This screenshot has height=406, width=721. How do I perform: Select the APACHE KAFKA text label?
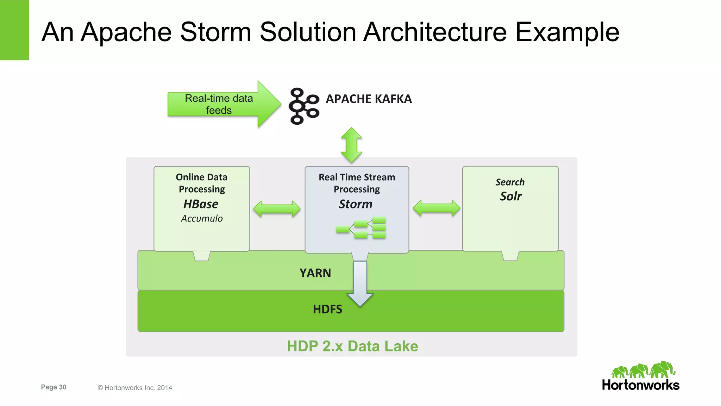click(369, 99)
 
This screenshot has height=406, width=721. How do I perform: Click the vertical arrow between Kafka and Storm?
click(351, 145)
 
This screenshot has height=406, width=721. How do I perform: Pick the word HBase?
click(201, 204)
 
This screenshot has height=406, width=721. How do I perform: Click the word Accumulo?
click(202, 219)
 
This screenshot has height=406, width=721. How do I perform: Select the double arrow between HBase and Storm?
click(277, 209)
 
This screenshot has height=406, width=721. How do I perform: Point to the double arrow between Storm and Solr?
click(436, 208)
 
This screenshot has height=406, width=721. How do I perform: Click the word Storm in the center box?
click(355, 204)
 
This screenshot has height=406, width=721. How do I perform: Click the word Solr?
click(510, 196)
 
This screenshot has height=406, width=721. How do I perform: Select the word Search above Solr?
click(510, 182)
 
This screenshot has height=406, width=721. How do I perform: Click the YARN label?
click(315, 273)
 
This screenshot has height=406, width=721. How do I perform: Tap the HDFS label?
click(327, 309)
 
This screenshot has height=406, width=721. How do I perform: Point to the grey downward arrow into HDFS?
click(360, 282)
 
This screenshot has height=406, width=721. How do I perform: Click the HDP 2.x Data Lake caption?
click(352, 346)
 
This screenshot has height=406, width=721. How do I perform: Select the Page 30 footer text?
click(54, 387)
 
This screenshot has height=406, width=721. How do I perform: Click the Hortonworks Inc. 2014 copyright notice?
click(135, 388)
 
